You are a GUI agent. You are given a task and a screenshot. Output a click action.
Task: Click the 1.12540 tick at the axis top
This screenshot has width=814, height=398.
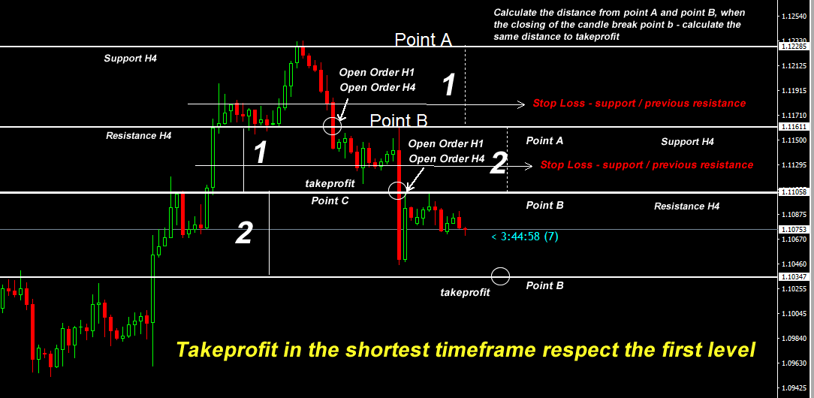point(794,17)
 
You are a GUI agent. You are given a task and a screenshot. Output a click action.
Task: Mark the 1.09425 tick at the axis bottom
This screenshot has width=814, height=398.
point(794,387)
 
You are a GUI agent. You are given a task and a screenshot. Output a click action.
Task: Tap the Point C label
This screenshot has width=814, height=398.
point(330,201)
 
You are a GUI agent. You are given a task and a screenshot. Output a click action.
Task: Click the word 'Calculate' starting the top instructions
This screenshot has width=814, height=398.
point(513,13)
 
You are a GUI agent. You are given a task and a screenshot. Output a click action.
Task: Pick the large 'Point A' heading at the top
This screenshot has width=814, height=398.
point(423,40)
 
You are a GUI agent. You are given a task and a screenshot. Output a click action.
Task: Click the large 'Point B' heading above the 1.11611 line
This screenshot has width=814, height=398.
point(399,121)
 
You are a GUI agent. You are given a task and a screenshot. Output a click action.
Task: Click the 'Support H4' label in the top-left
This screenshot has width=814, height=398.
point(131,58)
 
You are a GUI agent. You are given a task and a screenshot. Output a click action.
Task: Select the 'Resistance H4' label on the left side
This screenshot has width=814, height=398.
point(139,136)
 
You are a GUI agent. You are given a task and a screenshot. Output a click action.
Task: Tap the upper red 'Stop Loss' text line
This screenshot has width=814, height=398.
point(639,104)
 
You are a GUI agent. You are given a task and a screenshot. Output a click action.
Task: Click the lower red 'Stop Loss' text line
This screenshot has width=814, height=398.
point(647,165)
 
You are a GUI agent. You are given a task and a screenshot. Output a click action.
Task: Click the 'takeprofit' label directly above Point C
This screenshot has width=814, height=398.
point(330,183)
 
